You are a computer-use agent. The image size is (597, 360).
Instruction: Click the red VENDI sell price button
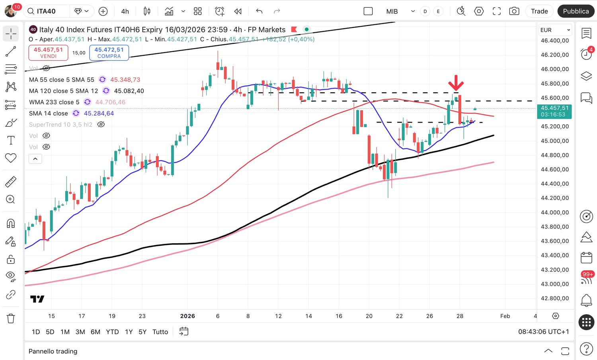48,53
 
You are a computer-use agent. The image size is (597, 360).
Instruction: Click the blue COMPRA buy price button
109,53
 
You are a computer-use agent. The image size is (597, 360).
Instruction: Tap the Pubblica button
576,11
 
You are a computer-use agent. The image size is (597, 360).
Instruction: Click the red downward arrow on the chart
456,83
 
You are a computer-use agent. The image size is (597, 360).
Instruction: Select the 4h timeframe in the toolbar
125,12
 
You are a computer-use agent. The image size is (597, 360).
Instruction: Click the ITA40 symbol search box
46,11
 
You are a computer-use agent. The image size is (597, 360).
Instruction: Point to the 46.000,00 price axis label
554,69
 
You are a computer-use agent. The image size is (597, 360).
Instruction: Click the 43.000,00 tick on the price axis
554,284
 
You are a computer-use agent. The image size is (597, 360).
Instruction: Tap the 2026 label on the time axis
187,316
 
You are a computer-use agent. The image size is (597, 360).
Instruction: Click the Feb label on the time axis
505,316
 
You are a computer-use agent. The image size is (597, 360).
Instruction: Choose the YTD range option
112,332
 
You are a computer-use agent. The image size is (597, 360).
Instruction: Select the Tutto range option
160,332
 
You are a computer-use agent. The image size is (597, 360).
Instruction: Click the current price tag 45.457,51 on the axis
554,111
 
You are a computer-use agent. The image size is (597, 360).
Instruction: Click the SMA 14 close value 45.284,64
99,113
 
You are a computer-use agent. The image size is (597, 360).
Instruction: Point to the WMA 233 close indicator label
54,102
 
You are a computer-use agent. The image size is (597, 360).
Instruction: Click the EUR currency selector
555,30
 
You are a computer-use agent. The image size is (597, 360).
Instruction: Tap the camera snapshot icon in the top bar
514,11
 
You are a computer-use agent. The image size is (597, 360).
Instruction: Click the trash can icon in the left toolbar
11,318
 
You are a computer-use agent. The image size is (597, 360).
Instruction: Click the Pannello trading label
53,351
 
